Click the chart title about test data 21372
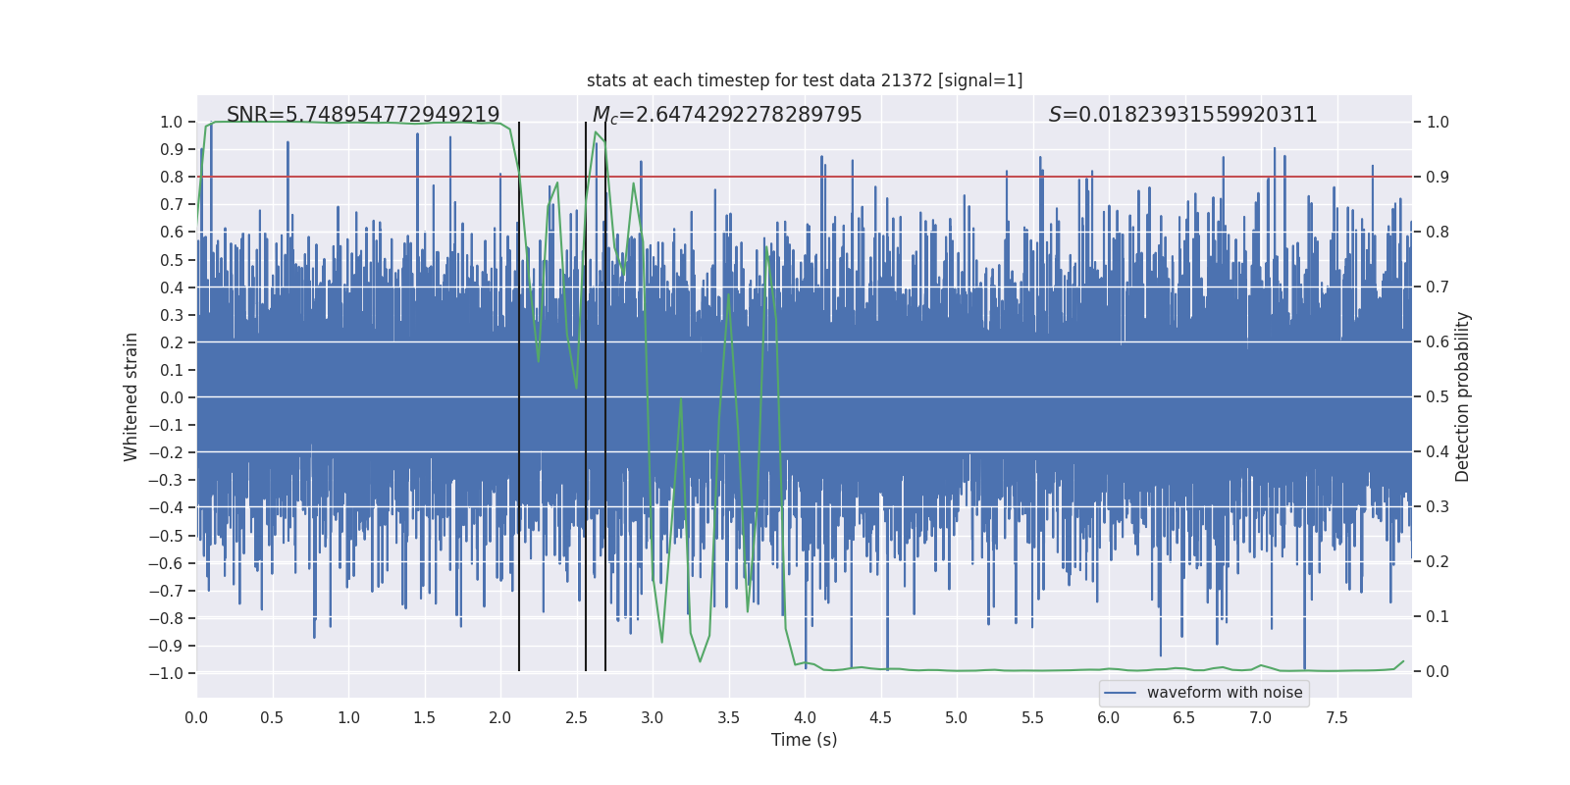[x=805, y=80]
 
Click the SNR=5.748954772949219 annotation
[x=363, y=115]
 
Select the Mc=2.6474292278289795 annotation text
[x=727, y=115]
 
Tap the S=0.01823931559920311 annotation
[x=1182, y=115]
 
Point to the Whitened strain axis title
[x=131, y=396]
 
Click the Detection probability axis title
[x=1463, y=396]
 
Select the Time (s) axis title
[x=804, y=740]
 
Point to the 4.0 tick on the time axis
[x=805, y=717]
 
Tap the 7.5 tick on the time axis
[x=1336, y=717]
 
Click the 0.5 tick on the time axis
[x=272, y=717]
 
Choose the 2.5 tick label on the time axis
[x=576, y=717]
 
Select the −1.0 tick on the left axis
[x=166, y=673]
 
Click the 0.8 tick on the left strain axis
[x=172, y=177]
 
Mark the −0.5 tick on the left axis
[x=166, y=536]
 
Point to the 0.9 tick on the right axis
[x=1438, y=177]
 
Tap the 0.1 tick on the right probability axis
[x=1438, y=616]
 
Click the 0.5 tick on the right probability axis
[x=1438, y=396]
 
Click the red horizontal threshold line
[x=981, y=177]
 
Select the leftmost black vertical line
[x=519, y=442]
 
